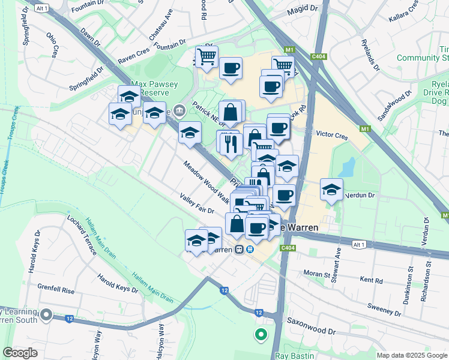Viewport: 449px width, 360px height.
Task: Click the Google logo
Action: [20, 352]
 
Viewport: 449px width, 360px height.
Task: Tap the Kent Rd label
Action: [371, 280]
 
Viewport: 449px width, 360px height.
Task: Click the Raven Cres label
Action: [133, 57]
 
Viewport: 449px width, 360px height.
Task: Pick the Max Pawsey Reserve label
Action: [154, 89]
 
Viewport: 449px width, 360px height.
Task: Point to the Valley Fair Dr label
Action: [197, 203]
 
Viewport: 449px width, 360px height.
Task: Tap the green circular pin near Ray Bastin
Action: [261, 335]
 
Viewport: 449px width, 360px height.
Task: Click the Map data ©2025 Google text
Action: [411, 355]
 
